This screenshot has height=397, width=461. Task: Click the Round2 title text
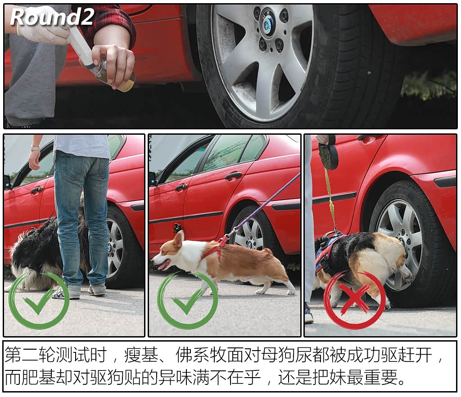pyautogui.click(x=52, y=17)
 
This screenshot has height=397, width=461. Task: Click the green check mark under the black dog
pyautogui.click(x=39, y=300)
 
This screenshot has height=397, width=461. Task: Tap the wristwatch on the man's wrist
pyautogui.click(x=35, y=148)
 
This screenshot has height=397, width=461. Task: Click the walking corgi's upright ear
pyautogui.click(x=179, y=238)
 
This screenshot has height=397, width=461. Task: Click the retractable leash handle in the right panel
pyautogui.click(x=327, y=153)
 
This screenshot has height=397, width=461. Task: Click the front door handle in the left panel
pyautogui.click(x=36, y=191)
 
